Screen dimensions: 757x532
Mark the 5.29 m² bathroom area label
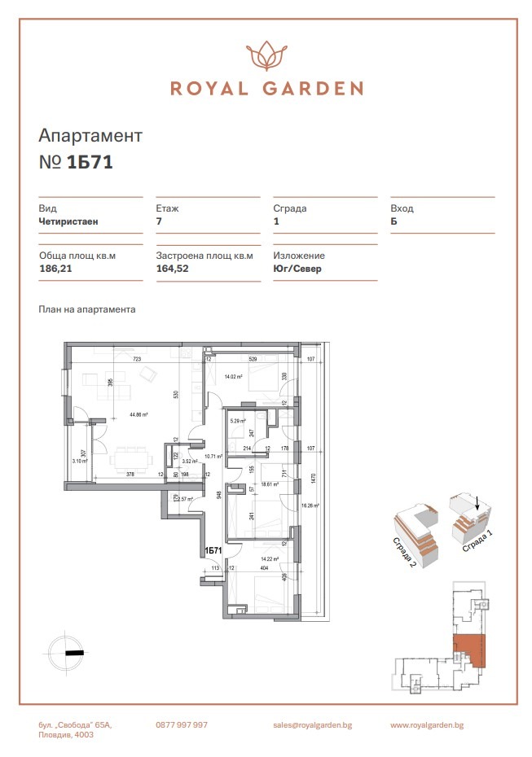(x=238, y=421)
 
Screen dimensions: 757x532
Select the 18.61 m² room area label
(x=269, y=484)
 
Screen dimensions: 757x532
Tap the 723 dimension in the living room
(x=138, y=359)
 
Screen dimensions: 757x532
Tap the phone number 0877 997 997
(x=182, y=724)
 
